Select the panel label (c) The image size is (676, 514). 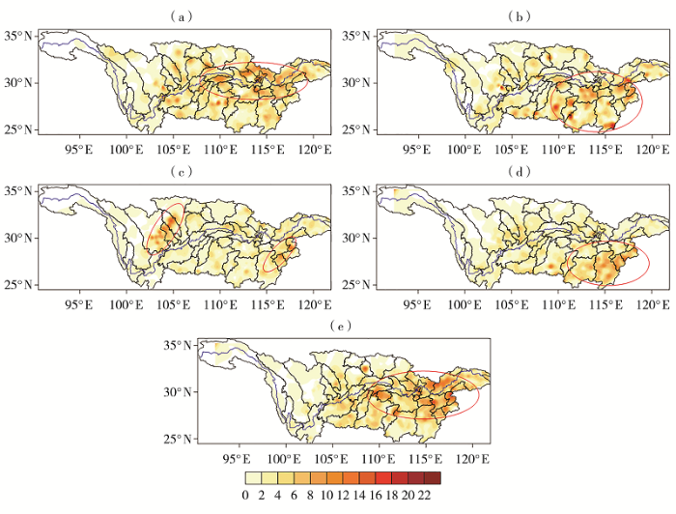coord(177,171)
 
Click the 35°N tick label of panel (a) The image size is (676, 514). coord(20,36)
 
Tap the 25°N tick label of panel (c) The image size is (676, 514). coord(20,284)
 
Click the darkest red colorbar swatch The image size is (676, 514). coord(432,476)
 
